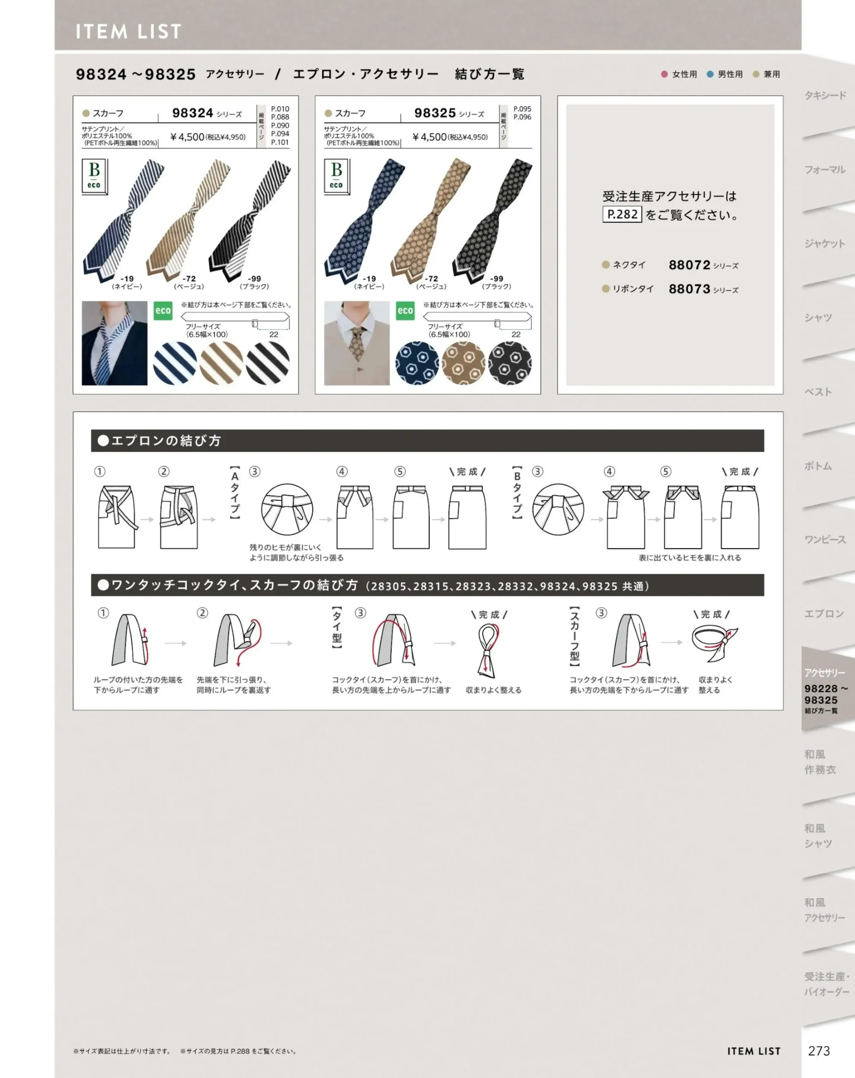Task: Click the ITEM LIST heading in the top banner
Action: tap(129, 32)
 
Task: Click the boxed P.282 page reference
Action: tap(622, 215)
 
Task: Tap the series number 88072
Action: tap(690, 265)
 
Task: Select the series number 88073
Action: tap(690, 289)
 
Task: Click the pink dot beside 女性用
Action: tap(664, 74)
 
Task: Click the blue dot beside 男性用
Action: tap(710, 74)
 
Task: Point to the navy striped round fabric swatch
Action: tap(174, 363)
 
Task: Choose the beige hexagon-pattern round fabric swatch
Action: tap(463, 363)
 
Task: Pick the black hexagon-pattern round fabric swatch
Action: tap(510, 363)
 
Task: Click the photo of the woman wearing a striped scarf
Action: tap(115, 343)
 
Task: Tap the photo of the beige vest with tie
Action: tap(357, 343)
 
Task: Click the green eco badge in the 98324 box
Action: tap(163, 310)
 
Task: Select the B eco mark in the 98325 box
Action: tap(336, 177)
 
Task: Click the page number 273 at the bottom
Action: tap(819, 1051)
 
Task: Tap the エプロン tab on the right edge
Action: tap(824, 614)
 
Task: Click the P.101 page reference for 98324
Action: tap(280, 142)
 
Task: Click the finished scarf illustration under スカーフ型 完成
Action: tap(715, 644)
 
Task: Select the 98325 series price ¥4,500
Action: tap(430, 137)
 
